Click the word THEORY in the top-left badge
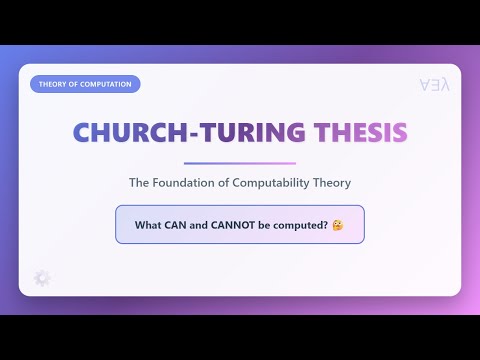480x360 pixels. (53, 84)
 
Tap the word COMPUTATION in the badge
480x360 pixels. (106, 84)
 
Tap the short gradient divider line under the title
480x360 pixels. (240, 163)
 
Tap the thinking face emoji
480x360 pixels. (339, 224)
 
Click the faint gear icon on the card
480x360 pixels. (41, 277)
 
